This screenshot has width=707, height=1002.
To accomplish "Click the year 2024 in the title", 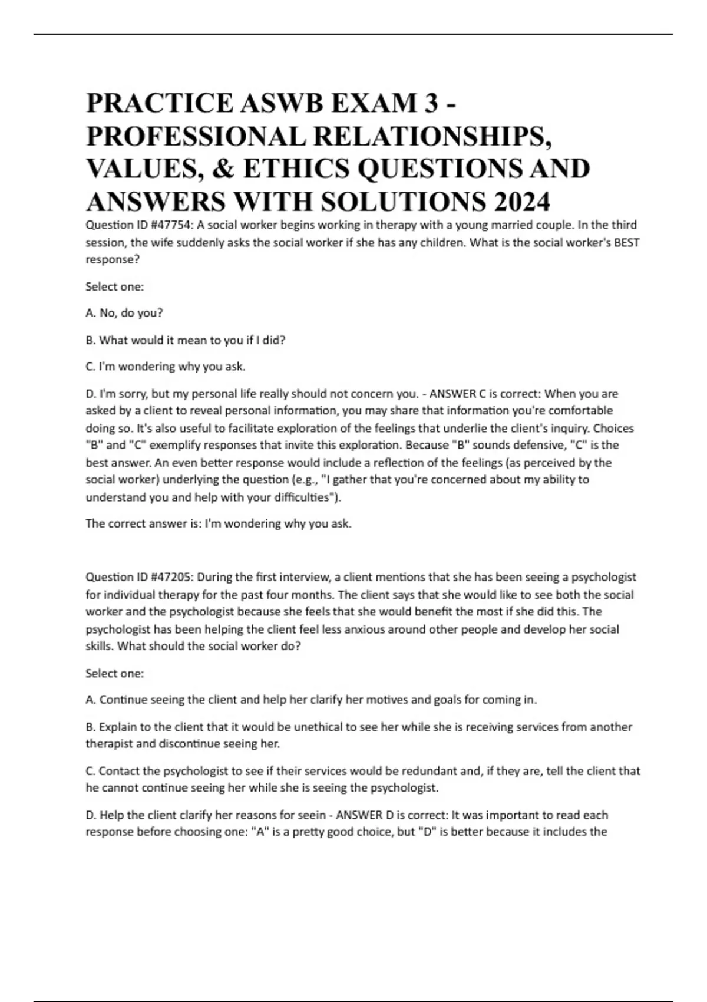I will pos(521,202).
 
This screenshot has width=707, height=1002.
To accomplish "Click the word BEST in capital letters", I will pos(626,242).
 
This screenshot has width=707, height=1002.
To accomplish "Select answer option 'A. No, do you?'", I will pos(124,313).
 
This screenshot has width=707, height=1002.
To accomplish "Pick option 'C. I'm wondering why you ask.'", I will pos(166,367).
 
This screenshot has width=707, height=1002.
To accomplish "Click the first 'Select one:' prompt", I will pos(115,287).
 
